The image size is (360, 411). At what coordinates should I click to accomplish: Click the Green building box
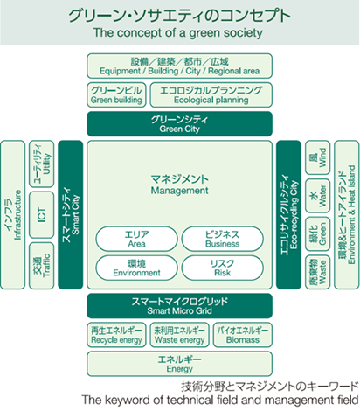click(116, 94)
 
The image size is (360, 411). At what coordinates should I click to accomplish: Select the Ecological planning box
click(211, 94)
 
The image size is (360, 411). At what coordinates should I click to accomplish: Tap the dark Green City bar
click(180, 124)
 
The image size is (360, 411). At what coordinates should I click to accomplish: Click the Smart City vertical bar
click(71, 215)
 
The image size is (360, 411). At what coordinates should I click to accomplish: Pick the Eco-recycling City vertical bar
click(288, 215)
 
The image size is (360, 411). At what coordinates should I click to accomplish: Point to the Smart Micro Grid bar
click(180, 306)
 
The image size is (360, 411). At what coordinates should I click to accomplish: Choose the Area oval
click(136, 239)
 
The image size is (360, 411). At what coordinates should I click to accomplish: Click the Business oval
click(223, 239)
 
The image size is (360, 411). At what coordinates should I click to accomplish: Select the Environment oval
click(136, 268)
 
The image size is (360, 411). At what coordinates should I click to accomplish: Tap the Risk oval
click(223, 268)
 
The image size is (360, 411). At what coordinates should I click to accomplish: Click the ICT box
click(42, 215)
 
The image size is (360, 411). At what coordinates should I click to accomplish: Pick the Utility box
click(42, 164)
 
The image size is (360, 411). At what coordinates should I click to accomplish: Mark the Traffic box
click(42, 266)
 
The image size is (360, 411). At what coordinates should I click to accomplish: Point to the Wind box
click(318, 157)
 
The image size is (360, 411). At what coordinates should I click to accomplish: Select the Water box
click(318, 196)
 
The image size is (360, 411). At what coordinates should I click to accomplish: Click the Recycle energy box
click(116, 335)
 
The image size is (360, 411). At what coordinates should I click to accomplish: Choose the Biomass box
click(243, 335)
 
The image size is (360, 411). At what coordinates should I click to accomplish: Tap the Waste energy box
click(180, 335)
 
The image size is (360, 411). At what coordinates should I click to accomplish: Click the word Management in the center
click(179, 191)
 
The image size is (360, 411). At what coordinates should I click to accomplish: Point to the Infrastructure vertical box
click(13, 215)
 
